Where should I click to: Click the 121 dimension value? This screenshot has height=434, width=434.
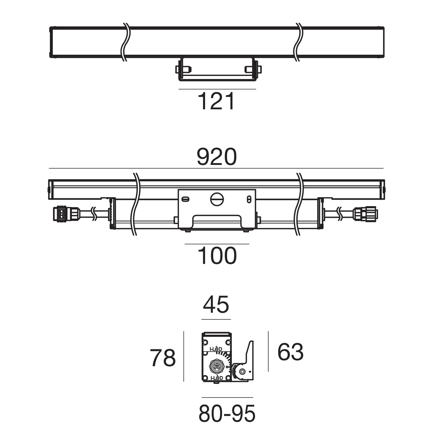(x=216, y=101)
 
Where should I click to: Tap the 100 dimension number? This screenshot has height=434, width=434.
(x=217, y=256)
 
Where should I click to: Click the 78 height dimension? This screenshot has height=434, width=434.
(x=163, y=358)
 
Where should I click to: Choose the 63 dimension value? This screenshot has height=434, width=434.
(x=290, y=352)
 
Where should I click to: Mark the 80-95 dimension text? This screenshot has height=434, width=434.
(x=227, y=414)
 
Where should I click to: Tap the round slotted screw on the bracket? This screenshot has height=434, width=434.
(x=217, y=199)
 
